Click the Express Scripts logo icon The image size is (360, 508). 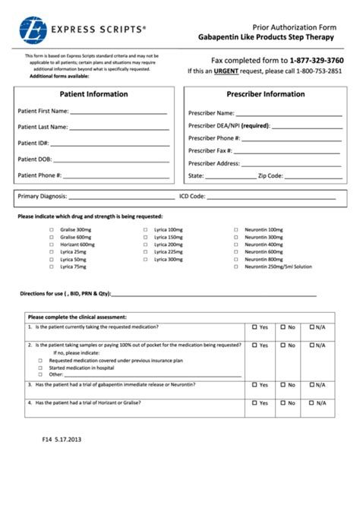(33, 30)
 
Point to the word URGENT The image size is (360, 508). (227, 71)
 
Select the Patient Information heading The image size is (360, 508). (94, 94)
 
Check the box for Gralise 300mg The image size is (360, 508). (52, 229)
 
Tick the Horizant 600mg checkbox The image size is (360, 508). (52, 245)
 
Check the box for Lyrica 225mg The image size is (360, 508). (145, 252)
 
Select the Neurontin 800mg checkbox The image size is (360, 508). (236, 260)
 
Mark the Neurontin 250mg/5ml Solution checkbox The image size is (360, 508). (236, 267)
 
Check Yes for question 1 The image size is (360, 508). (255, 327)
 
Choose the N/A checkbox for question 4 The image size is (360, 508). (312, 403)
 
